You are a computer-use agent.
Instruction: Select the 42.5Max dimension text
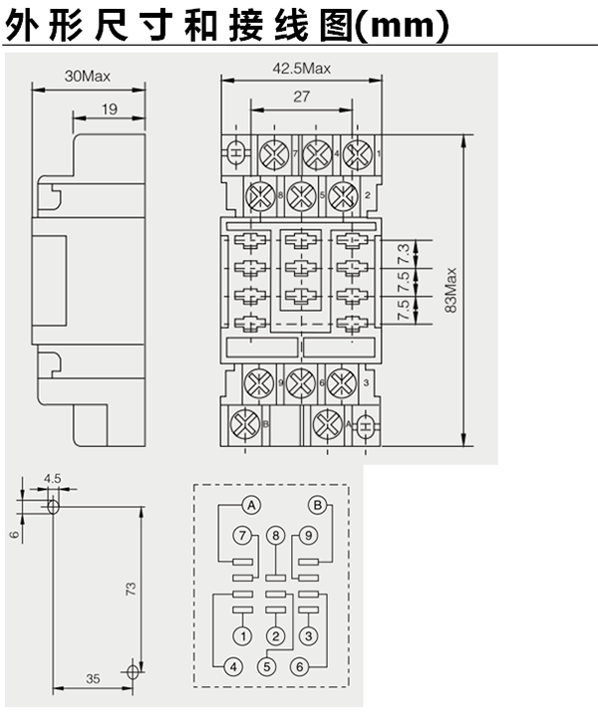pos(301,68)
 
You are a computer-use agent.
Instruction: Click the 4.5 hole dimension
pos(52,479)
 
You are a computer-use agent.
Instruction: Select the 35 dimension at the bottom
pos(92,679)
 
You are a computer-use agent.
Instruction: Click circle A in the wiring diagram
pos(253,504)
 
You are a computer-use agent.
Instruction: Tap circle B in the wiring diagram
pos(318,504)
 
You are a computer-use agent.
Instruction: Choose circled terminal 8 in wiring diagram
pos(276,537)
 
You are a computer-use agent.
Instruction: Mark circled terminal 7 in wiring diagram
pos(242,537)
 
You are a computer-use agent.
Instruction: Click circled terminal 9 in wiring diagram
pos(309,537)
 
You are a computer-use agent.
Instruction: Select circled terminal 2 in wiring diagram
pos(276,635)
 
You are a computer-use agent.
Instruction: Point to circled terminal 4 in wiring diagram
pos(232,666)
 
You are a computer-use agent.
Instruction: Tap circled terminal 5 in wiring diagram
pos(265,666)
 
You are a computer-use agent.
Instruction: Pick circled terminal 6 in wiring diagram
pos(298,666)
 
